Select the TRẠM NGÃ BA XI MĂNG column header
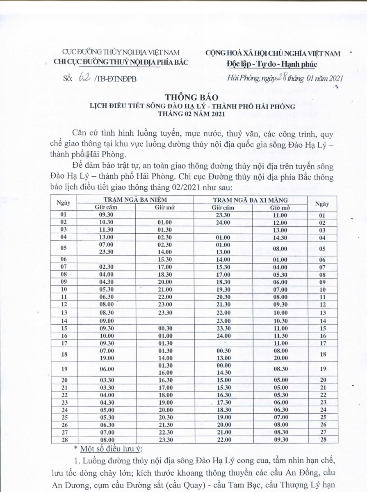[251, 200]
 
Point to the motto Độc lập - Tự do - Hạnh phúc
[271, 64]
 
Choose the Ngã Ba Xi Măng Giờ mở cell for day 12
[280, 305]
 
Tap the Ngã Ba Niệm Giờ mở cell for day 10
[163, 290]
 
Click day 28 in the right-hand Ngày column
[322, 440]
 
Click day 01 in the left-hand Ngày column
[63, 215]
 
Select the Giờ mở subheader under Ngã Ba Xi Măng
[280, 207]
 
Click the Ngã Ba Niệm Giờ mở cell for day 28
[163, 440]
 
